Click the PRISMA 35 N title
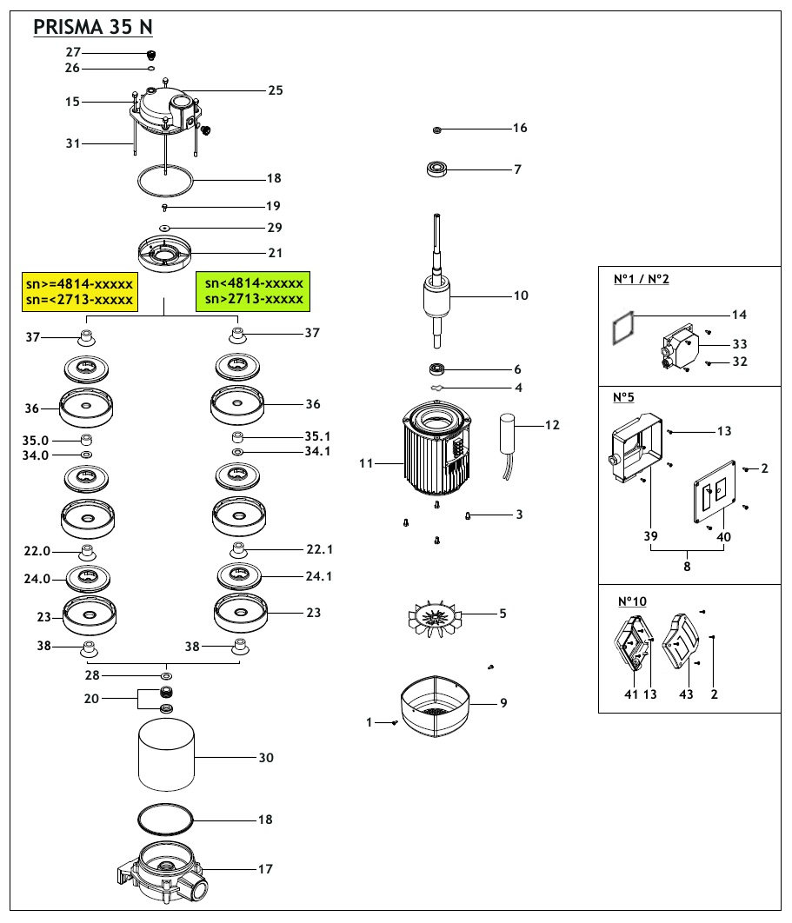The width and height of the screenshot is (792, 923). coord(93,27)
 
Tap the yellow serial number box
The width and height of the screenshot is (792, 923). coord(78,291)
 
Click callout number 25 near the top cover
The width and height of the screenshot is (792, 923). coord(276,90)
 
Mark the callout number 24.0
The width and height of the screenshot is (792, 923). coord(37,576)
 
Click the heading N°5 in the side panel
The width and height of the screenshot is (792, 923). coord(623,397)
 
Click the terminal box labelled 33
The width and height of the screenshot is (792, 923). coord(682,348)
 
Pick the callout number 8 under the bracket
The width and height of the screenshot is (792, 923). coord(687,566)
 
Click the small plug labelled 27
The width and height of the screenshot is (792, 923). coord(150,55)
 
